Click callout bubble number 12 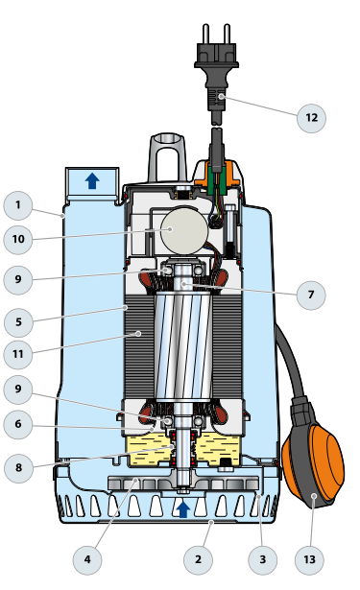coord(311,118)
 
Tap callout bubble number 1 coord(17,205)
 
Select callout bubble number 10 coord(18,239)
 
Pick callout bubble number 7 coord(311,295)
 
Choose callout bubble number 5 coord(18,322)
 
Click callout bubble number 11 coord(18,354)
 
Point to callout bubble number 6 coord(18,424)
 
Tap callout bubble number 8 coord(18,468)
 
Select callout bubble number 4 coord(87,560)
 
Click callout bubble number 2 coord(198,560)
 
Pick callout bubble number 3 coord(262,560)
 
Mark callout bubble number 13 coord(309,560)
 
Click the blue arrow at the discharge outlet coord(92,181)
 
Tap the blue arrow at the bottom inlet coord(183,509)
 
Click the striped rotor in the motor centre coord(183,345)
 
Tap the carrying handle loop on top coord(168,158)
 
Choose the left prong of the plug coord(206,34)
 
